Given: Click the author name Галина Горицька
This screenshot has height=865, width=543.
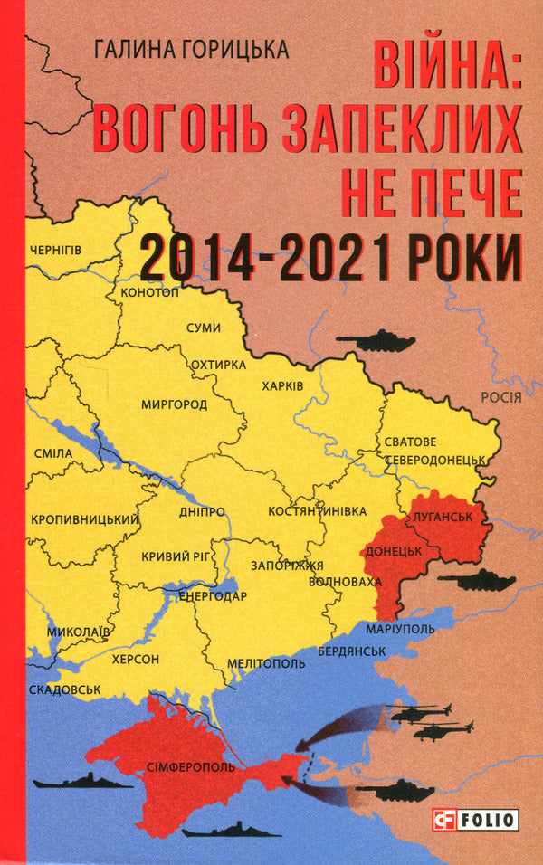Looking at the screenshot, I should coord(191,50).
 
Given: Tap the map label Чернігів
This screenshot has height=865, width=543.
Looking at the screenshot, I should coord(56,250).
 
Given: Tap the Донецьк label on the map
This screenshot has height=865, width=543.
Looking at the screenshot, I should coord(392,551).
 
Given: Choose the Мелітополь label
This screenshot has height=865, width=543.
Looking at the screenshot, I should coord(266,662).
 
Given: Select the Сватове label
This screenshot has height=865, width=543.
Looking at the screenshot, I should coord(411,442).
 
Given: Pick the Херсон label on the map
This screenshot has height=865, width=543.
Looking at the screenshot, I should coord(135,658).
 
